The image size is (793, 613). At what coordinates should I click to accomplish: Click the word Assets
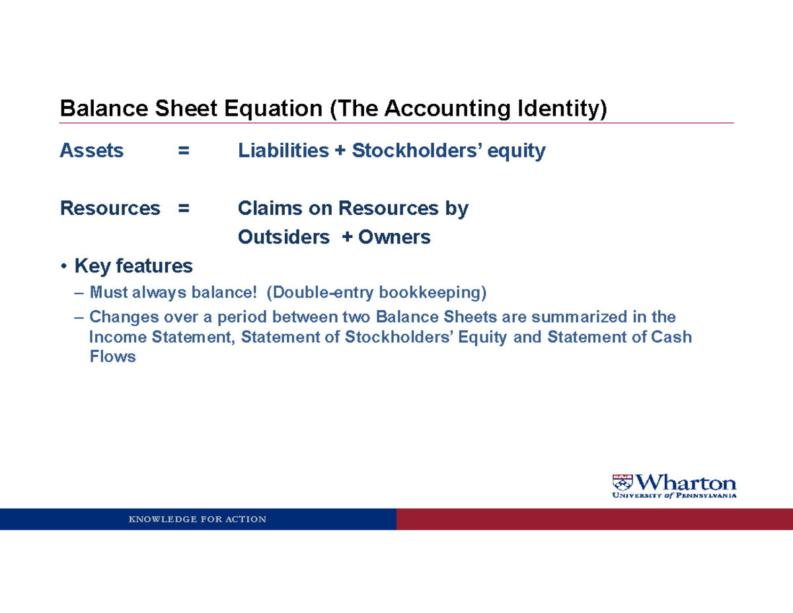point(91,151)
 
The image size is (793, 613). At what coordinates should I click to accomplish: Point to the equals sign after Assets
point(183,151)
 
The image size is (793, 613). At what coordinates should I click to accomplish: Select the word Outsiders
point(283,237)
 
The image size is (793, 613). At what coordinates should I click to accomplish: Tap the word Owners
point(395,237)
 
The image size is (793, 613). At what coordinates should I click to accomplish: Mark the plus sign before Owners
point(347,237)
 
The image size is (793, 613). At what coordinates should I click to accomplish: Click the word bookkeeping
point(432,292)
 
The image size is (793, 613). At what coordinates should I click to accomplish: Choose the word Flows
point(112,357)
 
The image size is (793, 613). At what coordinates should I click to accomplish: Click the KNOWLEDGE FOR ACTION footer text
point(198,519)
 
